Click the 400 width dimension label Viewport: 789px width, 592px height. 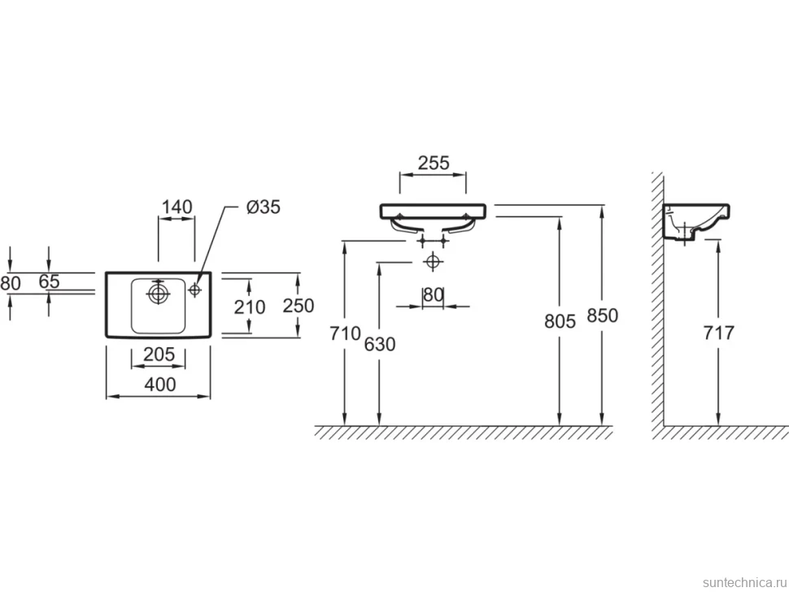point(160,385)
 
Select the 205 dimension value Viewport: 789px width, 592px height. point(159,355)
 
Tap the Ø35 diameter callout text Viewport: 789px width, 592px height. point(264,207)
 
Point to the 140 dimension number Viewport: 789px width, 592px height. point(177,207)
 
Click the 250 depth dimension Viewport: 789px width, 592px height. point(299,305)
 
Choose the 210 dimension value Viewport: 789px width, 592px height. point(250,307)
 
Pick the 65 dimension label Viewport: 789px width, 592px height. point(50,281)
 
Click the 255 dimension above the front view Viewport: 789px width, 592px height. point(434,163)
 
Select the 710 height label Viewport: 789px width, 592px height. point(345,333)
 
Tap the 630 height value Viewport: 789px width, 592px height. point(379,344)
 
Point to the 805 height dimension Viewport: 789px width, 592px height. point(560,321)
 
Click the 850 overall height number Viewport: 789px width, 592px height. point(602,316)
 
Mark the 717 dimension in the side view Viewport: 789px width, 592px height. point(718,333)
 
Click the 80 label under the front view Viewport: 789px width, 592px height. point(433,294)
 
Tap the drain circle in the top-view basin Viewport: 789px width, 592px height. point(158,293)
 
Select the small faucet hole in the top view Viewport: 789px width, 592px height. point(194,289)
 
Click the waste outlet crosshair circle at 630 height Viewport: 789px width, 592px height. point(432,262)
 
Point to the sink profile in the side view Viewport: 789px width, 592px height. point(696,223)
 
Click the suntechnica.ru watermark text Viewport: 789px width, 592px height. point(744,582)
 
